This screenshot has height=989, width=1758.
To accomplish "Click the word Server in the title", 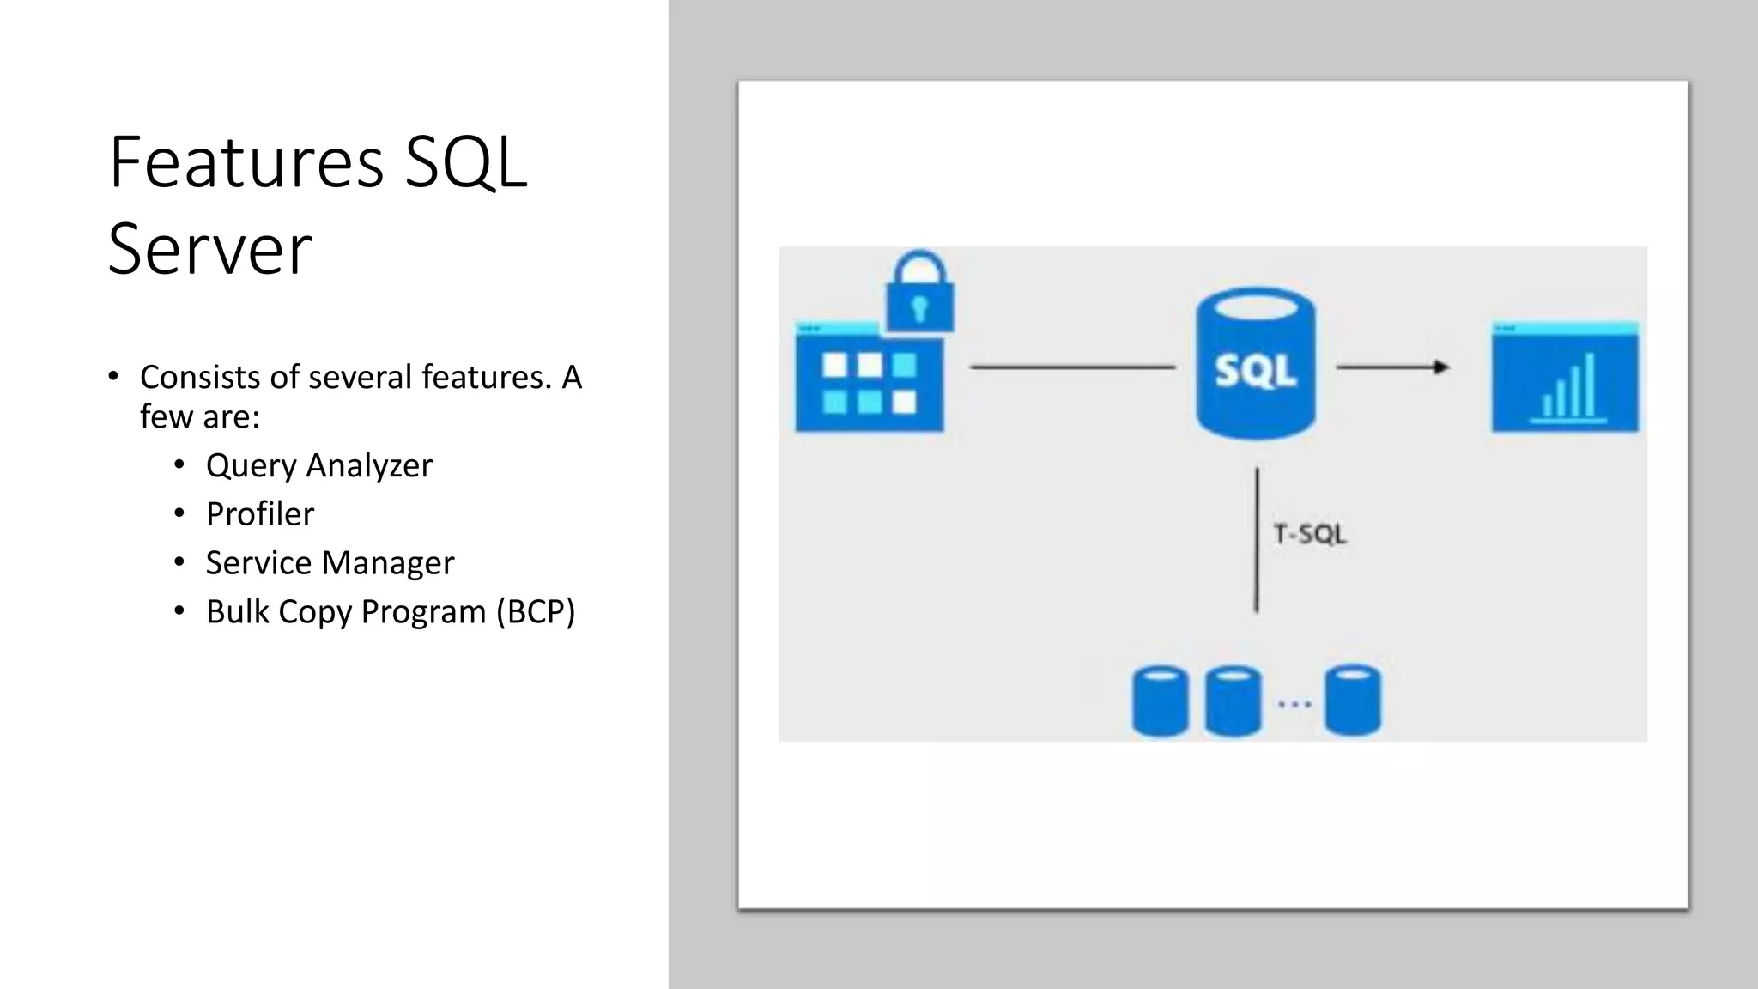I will click(x=210, y=249).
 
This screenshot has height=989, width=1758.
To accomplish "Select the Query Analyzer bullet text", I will click(x=319, y=465).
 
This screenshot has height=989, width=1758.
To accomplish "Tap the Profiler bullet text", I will click(x=260, y=514).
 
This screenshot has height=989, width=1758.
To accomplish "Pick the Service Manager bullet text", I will click(x=330, y=563).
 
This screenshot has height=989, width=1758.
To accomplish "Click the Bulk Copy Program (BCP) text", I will click(x=391, y=612).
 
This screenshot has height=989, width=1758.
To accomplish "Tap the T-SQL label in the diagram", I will click(x=1310, y=535).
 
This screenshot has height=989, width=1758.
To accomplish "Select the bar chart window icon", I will click(x=1565, y=378).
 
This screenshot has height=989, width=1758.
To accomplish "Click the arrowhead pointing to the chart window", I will click(x=1441, y=367).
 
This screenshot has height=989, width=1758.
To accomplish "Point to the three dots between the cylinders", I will click(x=1294, y=704).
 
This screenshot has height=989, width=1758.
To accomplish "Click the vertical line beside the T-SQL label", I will click(x=1257, y=539).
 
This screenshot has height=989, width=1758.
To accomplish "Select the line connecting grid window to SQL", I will click(x=1072, y=367).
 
